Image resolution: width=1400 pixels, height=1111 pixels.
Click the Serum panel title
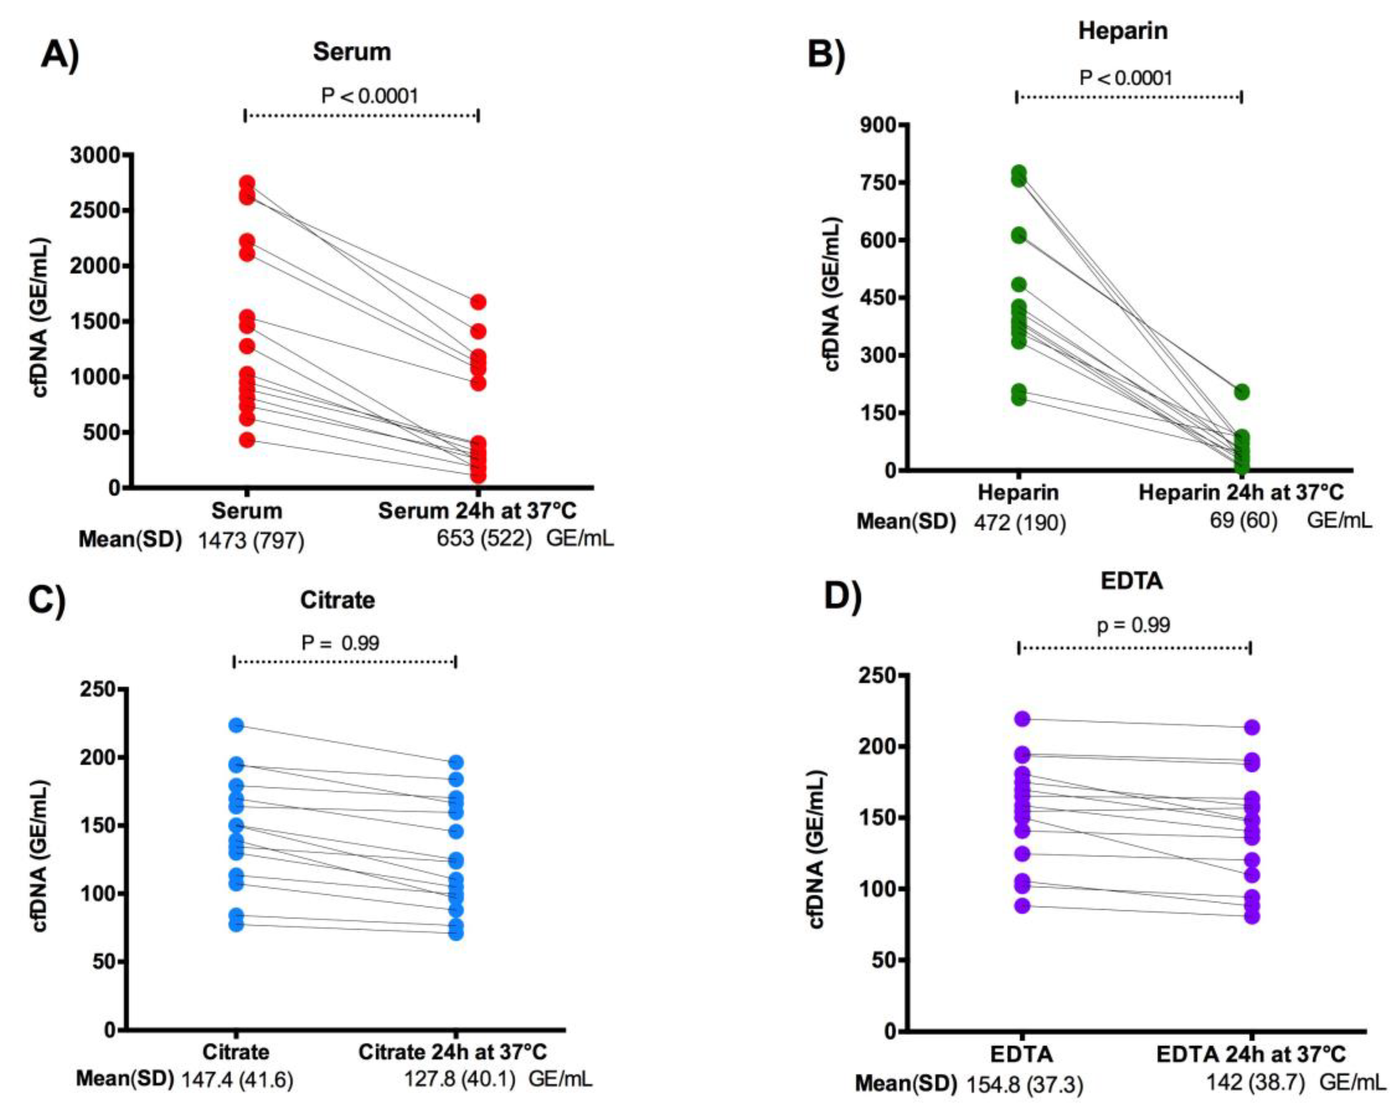coord(351,52)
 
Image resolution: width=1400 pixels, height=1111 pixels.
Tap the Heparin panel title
coord(1123,31)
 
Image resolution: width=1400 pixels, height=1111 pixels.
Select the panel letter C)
coord(47,601)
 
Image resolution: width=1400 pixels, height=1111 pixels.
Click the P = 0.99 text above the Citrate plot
coord(340,643)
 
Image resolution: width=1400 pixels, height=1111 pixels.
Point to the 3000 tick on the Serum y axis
coord(96,156)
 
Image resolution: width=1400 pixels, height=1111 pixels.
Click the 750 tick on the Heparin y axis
coord(877,182)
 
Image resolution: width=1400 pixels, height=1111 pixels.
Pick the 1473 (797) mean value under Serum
coord(250,540)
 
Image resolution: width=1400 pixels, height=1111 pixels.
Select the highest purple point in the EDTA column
coord(1023,719)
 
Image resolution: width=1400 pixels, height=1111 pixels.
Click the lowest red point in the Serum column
coord(247,440)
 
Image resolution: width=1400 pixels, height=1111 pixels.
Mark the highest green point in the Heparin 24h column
coord(1242,391)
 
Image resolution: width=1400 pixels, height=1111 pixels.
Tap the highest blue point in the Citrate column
coord(236,725)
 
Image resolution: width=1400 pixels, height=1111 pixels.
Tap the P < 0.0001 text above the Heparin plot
coord(1125,78)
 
